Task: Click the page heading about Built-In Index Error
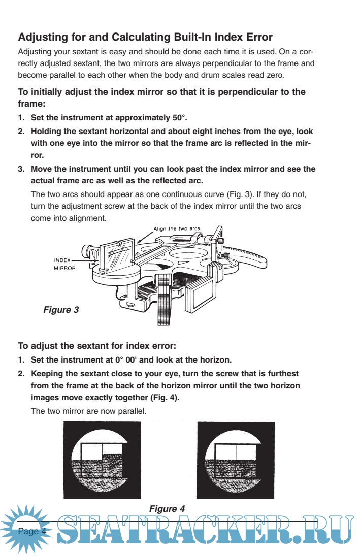pyautogui.click(x=145, y=37)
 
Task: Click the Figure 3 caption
pyautogui.click(x=61, y=309)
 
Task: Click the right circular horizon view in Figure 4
pyautogui.click(x=235, y=460)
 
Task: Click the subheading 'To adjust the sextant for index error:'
pyautogui.click(x=97, y=347)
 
